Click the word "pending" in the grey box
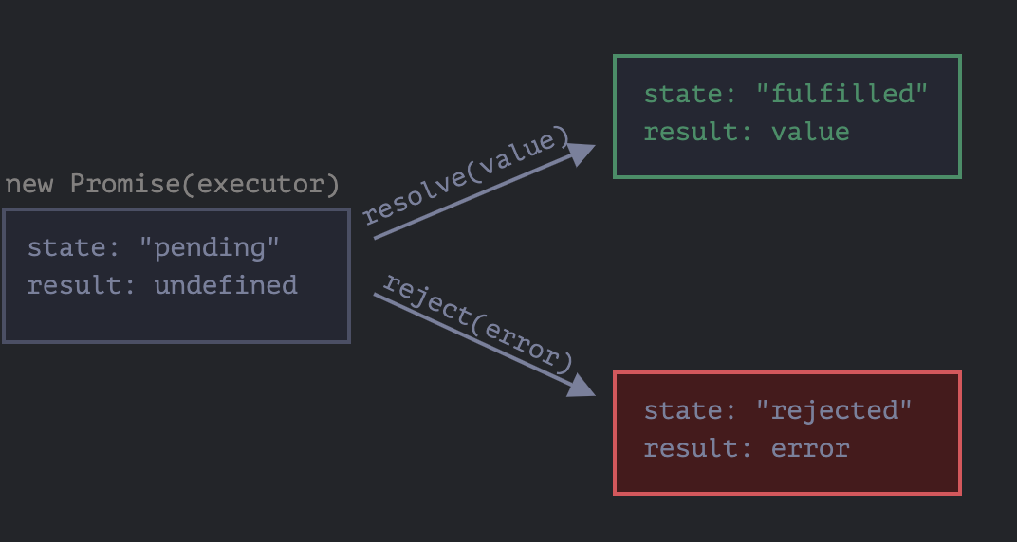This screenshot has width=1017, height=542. (210, 247)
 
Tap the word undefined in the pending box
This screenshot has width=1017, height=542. (226, 285)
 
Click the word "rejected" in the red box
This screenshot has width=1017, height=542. (834, 410)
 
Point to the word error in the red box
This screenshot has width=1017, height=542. (810, 448)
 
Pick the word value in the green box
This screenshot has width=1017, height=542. (810, 132)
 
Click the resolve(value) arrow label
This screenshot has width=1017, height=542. (465, 176)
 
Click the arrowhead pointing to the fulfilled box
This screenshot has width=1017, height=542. (582, 153)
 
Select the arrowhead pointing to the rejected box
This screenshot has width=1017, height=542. (582, 385)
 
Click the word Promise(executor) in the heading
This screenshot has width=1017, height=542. (205, 184)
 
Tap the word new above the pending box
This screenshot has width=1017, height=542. (29, 184)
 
